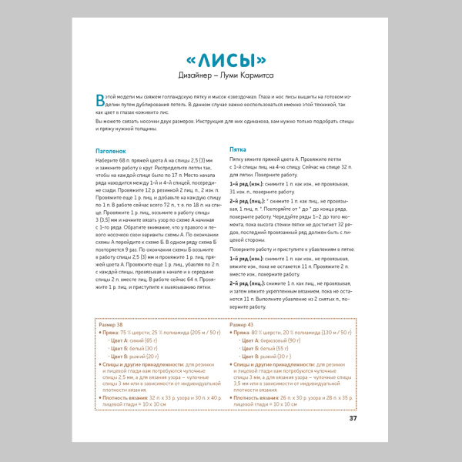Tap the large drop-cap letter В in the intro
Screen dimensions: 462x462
pos(99,99)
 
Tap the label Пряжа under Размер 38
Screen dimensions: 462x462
pos(112,332)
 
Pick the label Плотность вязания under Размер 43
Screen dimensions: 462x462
pos(257,397)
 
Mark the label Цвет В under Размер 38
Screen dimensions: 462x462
pos(119,356)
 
